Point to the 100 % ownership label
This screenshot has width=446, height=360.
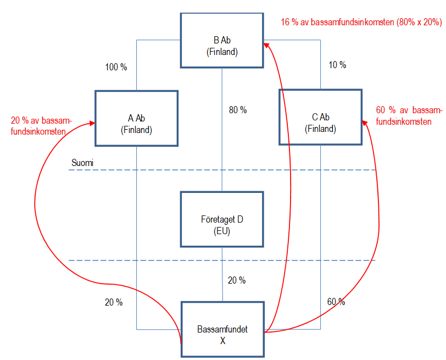tap(116, 68)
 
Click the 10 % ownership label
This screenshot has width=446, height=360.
tap(337, 65)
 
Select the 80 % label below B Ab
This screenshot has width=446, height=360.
tap(237, 110)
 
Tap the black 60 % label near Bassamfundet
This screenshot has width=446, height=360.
tap(336, 302)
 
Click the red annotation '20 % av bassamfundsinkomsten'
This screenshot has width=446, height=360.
tap(41, 126)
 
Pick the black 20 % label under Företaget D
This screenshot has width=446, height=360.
tap(237, 280)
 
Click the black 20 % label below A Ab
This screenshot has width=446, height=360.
tap(114, 302)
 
